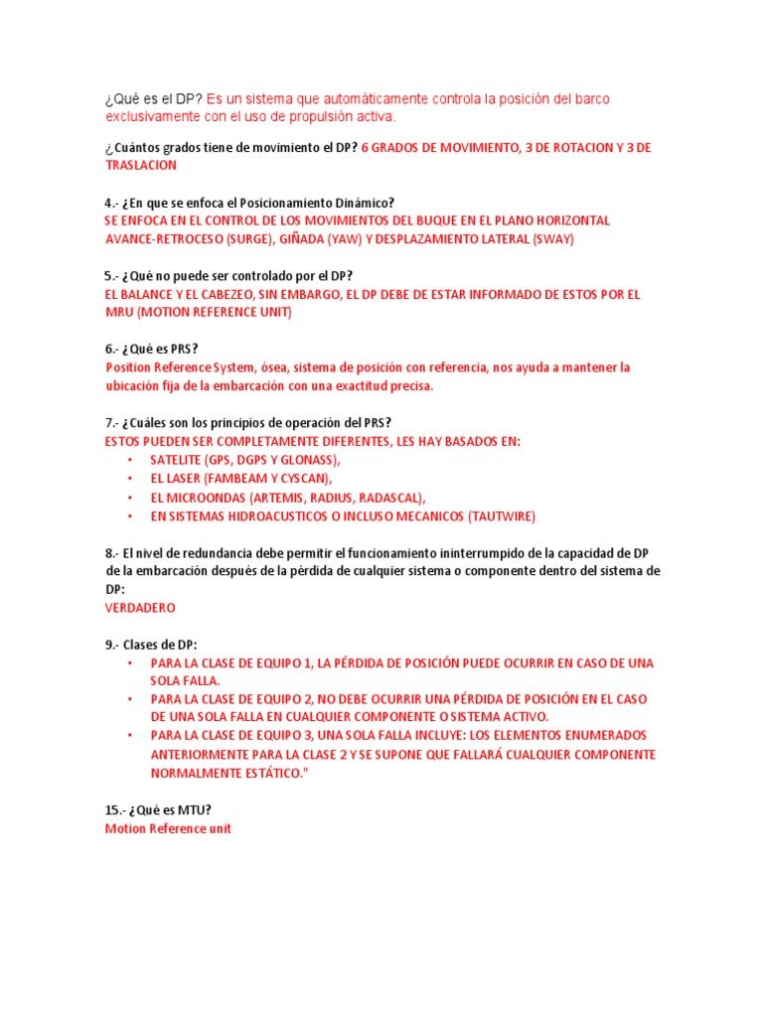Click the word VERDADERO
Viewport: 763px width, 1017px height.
coord(140,607)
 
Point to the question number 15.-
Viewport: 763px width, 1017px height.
coord(116,810)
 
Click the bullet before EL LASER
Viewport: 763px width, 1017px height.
coord(131,479)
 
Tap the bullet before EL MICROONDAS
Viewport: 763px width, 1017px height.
coord(131,497)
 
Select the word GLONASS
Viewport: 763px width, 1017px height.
coord(308,460)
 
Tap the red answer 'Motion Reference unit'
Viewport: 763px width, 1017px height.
coord(168,828)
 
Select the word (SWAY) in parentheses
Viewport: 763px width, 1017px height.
coord(553,239)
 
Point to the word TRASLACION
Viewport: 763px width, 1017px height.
coord(141,166)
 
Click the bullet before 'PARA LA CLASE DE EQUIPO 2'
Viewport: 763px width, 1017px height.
coord(131,699)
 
